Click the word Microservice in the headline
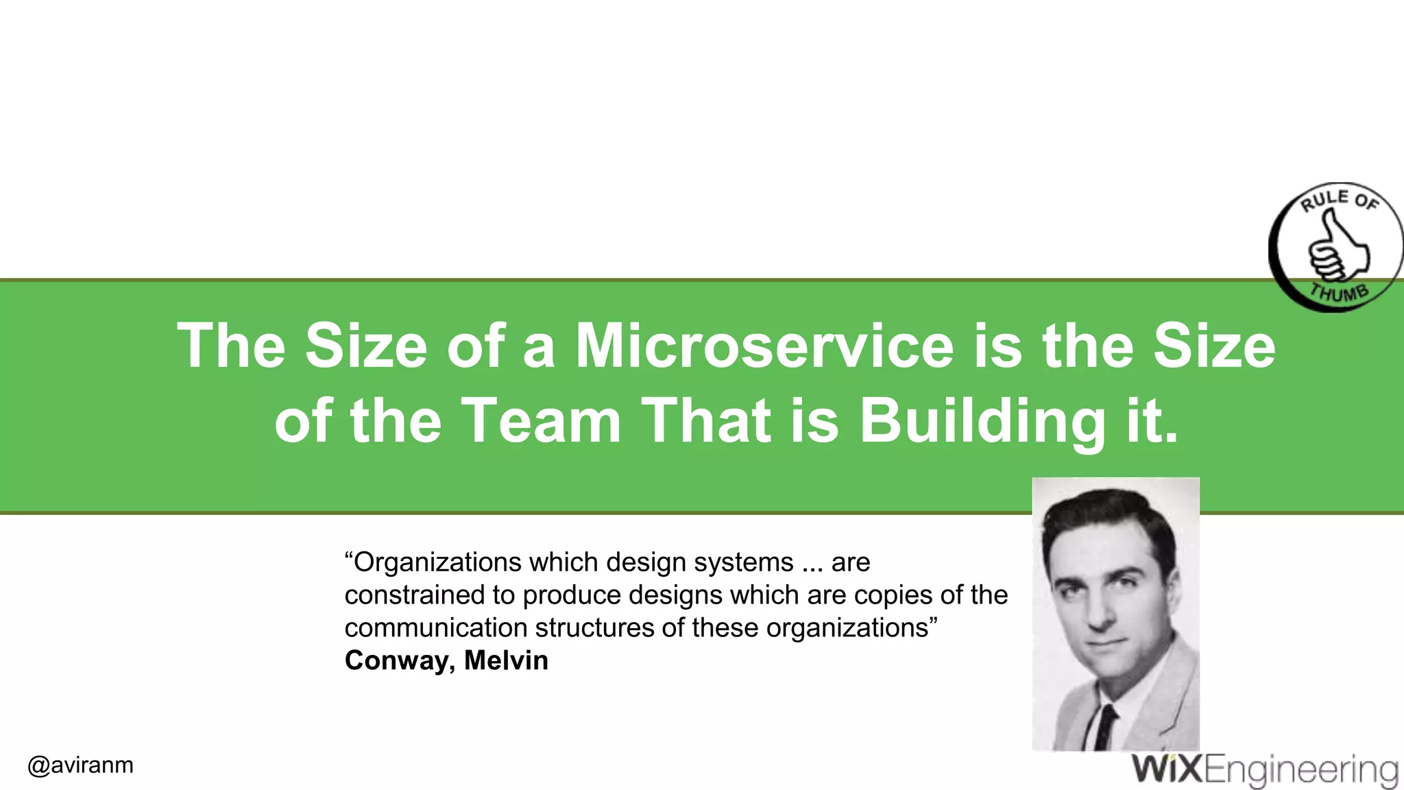764,346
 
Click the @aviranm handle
81,765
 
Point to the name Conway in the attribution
400,660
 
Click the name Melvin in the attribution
506,660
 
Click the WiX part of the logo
1167,769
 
